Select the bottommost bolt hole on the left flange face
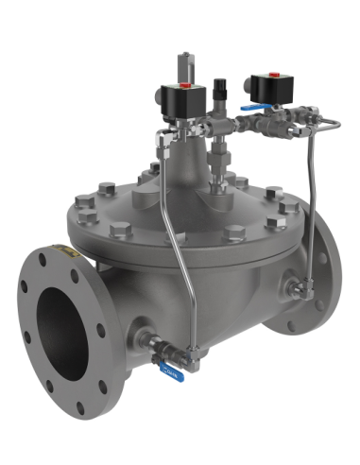point(81,408)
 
